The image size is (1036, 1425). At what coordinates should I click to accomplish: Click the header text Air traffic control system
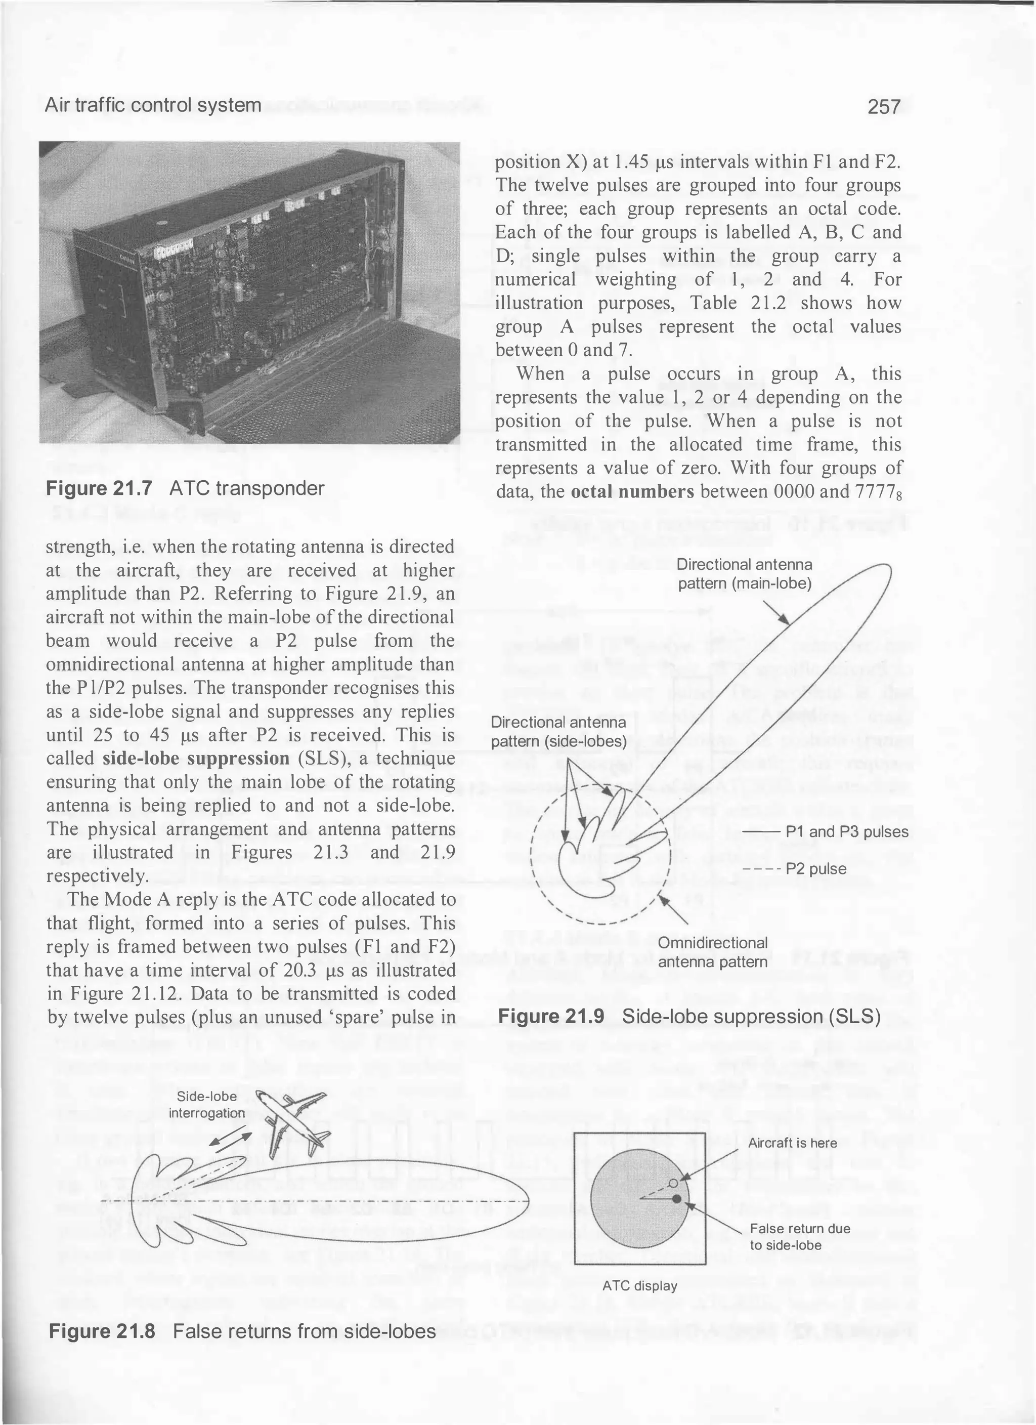coord(153,105)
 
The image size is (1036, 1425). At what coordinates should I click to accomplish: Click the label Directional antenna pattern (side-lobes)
coord(558,732)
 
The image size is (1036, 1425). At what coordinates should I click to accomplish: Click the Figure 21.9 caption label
coord(551,1017)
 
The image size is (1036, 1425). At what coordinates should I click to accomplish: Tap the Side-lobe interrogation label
coord(207,1105)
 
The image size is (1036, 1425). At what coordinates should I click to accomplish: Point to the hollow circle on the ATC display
coord(673,1183)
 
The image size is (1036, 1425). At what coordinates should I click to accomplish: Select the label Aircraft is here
coord(792,1143)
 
